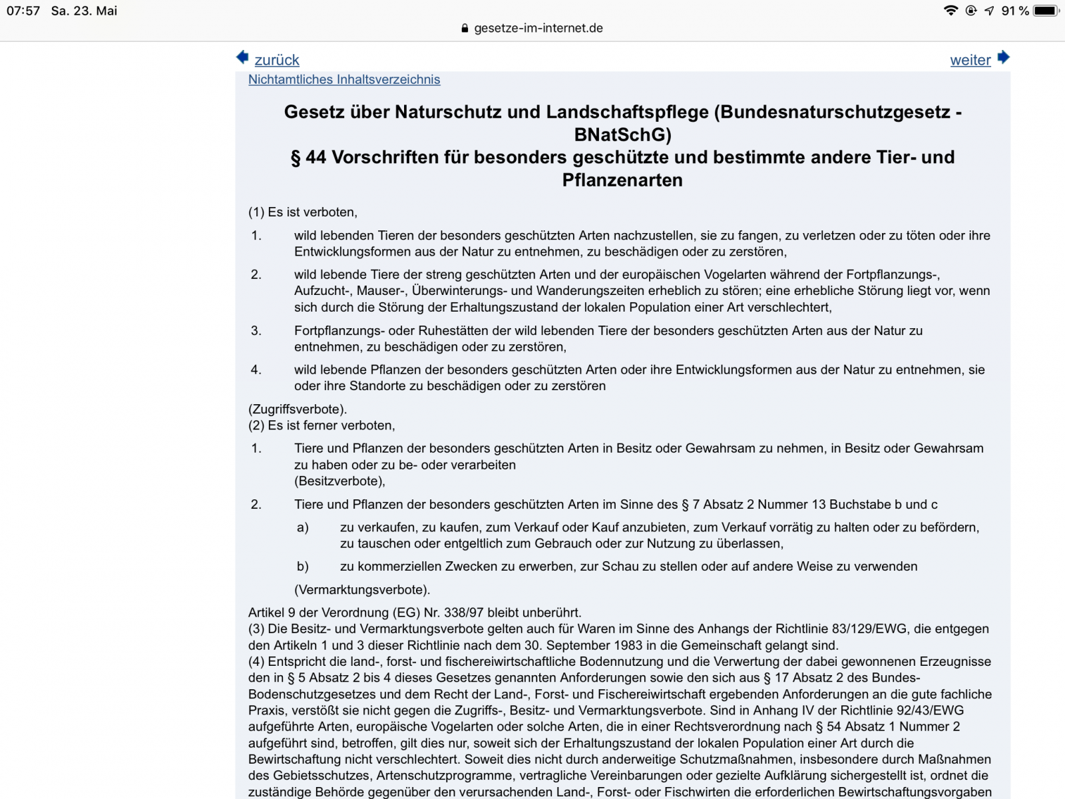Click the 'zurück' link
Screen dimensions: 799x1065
coord(277,60)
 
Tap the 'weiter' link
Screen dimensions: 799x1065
coord(970,60)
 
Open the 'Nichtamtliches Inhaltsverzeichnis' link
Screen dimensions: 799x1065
coord(344,79)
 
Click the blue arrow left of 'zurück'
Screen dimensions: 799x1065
coord(242,57)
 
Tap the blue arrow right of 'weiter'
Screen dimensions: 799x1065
coord(1004,57)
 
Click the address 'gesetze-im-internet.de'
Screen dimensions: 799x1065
coord(538,28)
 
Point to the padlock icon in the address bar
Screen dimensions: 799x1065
coord(465,29)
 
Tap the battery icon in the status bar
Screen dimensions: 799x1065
coord(1046,11)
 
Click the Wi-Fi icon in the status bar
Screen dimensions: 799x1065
coord(951,11)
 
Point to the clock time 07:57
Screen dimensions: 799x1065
coord(23,11)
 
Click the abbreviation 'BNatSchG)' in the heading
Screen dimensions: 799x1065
coord(622,134)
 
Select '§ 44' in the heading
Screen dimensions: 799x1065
coord(308,157)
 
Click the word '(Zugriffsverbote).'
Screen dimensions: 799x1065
coord(298,409)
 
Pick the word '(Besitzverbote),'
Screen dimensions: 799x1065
coord(339,481)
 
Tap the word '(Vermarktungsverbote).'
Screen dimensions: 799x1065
coord(362,589)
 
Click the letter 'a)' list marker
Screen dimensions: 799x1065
coord(303,527)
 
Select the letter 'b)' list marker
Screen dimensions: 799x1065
coord(303,567)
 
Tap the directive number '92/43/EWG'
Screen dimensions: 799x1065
coord(931,710)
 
